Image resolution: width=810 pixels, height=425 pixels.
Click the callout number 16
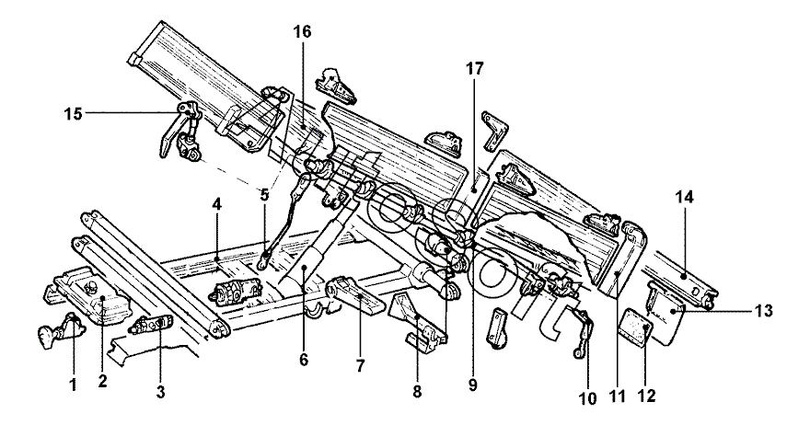303,32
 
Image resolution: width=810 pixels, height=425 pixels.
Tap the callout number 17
475,69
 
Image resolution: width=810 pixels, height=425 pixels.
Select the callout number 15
74,114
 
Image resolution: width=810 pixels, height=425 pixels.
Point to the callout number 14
684,197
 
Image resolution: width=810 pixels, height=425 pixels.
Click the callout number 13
763,311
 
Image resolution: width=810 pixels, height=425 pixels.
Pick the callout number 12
647,396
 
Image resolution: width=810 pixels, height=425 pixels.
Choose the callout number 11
617,396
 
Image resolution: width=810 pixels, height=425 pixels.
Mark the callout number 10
588,398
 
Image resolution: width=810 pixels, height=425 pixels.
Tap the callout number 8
417,392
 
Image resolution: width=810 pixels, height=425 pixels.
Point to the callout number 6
303,360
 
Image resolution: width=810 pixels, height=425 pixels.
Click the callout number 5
264,195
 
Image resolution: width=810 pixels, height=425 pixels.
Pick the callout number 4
216,204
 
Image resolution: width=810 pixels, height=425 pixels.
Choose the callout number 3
161,393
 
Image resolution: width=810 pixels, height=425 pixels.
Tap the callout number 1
74,385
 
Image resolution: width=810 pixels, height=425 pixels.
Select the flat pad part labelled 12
636,327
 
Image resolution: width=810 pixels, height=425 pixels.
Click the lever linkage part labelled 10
583,331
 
